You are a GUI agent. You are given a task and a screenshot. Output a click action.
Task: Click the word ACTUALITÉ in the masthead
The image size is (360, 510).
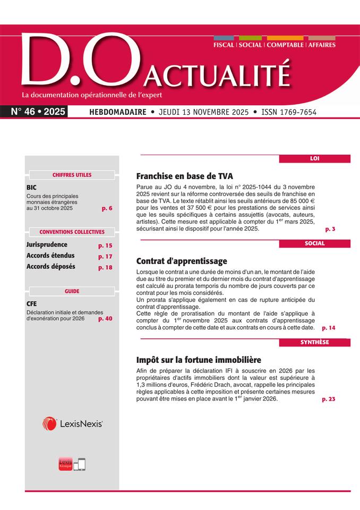[218, 75]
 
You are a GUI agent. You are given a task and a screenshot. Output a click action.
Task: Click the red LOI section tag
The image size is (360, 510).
[314, 158]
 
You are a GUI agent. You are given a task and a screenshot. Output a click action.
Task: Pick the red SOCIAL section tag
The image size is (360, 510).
[314, 243]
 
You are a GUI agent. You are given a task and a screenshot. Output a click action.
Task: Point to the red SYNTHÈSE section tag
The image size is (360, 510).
[314, 342]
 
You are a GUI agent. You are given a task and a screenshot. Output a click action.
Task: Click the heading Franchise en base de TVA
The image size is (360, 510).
[184, 176]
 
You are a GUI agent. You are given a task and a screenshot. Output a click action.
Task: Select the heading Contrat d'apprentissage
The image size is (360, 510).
[182, 261]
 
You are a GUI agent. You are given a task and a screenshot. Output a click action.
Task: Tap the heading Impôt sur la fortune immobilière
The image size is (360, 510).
[199, 360]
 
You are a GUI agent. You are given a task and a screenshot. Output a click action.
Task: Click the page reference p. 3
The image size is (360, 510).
[330, 229]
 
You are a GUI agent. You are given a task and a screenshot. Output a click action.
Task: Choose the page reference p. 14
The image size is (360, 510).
[329, 328]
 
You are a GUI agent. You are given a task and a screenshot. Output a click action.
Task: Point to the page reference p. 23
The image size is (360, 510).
[329, 399]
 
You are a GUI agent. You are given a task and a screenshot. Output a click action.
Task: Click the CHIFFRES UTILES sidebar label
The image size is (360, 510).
[72, 175]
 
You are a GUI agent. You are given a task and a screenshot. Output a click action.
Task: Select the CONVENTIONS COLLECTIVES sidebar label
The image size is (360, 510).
[72, 232]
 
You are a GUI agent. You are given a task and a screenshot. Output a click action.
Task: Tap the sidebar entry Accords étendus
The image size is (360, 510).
[50, 256]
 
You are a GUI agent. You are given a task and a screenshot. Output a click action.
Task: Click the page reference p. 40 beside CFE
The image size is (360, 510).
[105, 319]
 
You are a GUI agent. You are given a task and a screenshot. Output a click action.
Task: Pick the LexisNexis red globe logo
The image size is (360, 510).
[50, 423]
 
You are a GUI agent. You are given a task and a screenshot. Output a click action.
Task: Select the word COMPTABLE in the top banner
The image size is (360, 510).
[285, 45]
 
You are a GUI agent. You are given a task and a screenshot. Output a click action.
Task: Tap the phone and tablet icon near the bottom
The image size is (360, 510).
[79, 464]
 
